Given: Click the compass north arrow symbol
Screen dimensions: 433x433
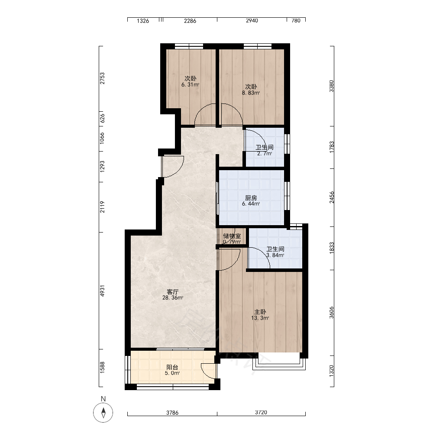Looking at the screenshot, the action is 103,413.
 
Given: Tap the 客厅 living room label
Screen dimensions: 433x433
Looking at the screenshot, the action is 173,291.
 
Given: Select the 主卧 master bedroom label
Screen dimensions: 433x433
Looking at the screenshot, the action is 260,312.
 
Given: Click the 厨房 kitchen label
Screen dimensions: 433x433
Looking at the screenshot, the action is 251,198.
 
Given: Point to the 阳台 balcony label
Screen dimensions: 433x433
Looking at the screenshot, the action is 172,367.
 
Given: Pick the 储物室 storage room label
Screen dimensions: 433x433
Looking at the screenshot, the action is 232,236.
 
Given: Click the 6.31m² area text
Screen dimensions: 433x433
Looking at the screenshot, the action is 190,85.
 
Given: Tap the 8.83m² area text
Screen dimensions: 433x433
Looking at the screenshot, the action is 251,93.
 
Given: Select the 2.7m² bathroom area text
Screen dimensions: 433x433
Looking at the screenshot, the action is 265,154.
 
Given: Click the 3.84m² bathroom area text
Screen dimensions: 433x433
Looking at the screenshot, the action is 275,255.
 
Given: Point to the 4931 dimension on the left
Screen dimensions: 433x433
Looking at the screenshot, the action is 103,291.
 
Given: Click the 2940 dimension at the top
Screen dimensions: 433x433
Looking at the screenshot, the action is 252,21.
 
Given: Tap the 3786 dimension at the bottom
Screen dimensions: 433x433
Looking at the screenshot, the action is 172,413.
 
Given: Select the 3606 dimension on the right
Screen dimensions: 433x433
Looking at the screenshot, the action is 331,313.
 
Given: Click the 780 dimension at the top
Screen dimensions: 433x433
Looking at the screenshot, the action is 296,21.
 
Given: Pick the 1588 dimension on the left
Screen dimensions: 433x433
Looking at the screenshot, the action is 103,368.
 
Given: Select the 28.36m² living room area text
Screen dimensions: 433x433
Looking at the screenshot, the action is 173,298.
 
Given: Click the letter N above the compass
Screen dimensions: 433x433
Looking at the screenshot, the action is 103,399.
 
